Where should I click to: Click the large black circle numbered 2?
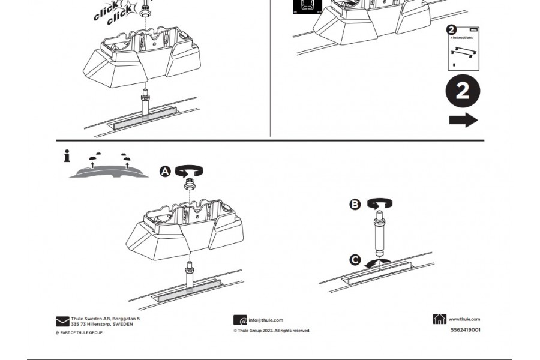coord(463,91)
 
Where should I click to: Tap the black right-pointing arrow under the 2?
coord(463,120)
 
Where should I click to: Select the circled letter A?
coord(165,172)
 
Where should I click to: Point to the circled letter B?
coord(355,205)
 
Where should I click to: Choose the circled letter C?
coord(355,260)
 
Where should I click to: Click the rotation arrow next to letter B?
coord(379,203)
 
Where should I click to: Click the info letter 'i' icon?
coord(67,157)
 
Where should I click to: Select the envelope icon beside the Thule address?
coord(62,322)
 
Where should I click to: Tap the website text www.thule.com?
coord(464,319)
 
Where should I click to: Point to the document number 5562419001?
coord(465,329)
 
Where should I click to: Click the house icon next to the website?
coord(439,319)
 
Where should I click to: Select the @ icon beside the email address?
coord(240,320)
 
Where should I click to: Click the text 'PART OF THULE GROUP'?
coord(81,332)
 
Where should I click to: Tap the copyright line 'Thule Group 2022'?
coord(274,331)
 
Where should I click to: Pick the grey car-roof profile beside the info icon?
coord(108,171)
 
